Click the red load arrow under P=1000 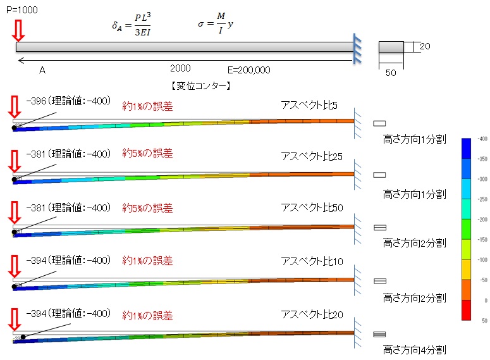coord(18,30)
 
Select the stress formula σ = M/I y coord(219,26)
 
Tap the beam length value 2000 coord(180,68)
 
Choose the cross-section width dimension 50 coord(391,72)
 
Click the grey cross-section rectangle coord(391,47)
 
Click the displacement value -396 coord(37,101)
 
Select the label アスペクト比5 coord(309,104)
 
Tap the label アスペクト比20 coord(311,314)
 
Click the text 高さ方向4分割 coord(414,349)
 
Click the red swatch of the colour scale coord(467,311)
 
